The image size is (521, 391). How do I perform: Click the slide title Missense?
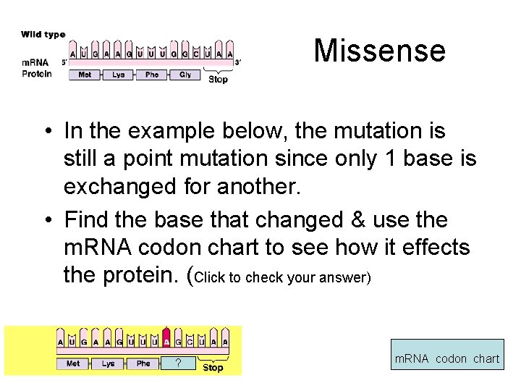(x=379, y=51)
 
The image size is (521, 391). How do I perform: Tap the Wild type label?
(x=43, y=34)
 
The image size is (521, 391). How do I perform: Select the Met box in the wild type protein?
(x=85, y=75)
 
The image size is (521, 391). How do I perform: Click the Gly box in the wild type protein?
(x=185, y=75)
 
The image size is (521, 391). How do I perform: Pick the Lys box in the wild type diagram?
(x=119, y=75)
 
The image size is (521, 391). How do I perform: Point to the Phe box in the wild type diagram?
(x=152, y=75)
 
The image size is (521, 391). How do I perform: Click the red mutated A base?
(x=167, y=342)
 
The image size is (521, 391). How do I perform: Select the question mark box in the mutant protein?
(x=178, y=363)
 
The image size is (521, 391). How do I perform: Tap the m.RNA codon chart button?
(x=446, y=358)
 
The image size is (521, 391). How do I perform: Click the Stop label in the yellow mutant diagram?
(x=213, y=368)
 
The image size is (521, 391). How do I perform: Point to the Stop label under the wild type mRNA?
(x=218, y=80)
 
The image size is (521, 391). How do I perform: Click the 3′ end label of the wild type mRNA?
(x=238, y=62)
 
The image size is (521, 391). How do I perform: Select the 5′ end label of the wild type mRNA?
(x=64, y=62)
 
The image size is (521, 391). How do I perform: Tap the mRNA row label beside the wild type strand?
(x=35, y=62)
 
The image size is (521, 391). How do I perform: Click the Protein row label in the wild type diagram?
(x=37, y=74)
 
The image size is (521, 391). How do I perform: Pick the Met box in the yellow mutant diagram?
(x=73, y=363)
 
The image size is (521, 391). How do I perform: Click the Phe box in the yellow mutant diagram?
(x=143, y=363)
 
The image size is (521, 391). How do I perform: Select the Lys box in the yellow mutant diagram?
(x=109, y=363)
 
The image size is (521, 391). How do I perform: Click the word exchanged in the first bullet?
(x=126, y=187)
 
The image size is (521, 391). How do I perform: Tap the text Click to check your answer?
(x=283, y=278)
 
